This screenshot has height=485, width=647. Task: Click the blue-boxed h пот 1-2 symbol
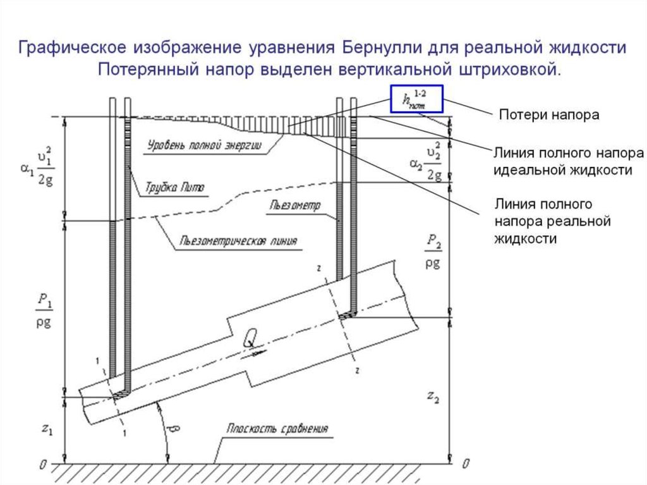[x=416, y=99]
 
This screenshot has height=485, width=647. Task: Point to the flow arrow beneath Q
[x=257, y=352]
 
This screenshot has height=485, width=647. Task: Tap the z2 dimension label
[x=433, y=397]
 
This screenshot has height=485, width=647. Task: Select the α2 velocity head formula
[x=426, y=163]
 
